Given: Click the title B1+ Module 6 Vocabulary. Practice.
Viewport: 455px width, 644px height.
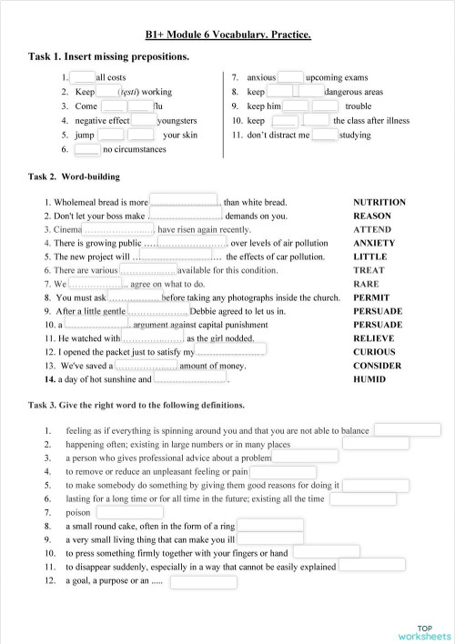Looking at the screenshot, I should click(227, 35).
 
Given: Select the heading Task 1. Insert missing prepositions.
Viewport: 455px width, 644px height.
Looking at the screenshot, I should click(109, 57).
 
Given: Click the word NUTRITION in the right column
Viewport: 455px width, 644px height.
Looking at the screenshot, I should click(379, 202).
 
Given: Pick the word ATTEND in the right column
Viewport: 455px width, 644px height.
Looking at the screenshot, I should click(372, 229).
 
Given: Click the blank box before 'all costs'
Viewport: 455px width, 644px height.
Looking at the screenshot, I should click(83, 77).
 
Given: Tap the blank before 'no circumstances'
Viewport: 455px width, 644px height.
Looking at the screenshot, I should click(87, 149).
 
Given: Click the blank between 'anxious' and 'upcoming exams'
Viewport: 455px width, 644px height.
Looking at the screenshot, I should click(290, 77).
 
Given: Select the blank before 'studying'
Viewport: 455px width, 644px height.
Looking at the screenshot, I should click(325, 135).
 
